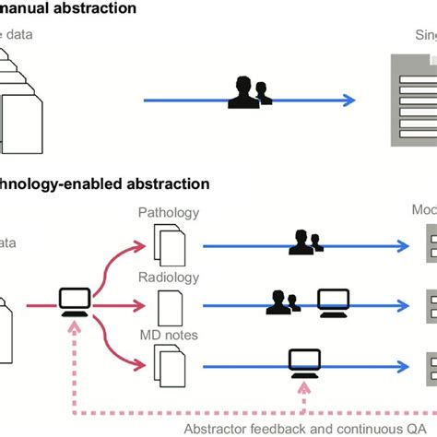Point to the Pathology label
[168, 213]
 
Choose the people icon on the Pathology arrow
[305, 242]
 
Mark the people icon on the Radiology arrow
[281, 301]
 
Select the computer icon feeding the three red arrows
[74, 301]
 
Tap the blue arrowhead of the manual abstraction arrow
[350, 100]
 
